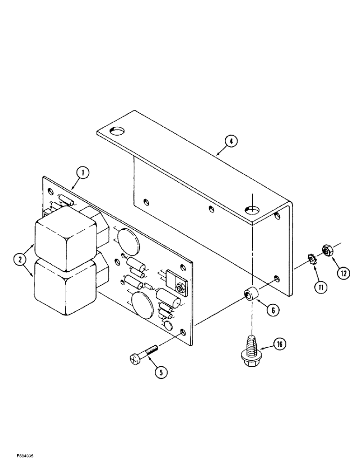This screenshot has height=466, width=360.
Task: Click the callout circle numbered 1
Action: coord(83,174)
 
